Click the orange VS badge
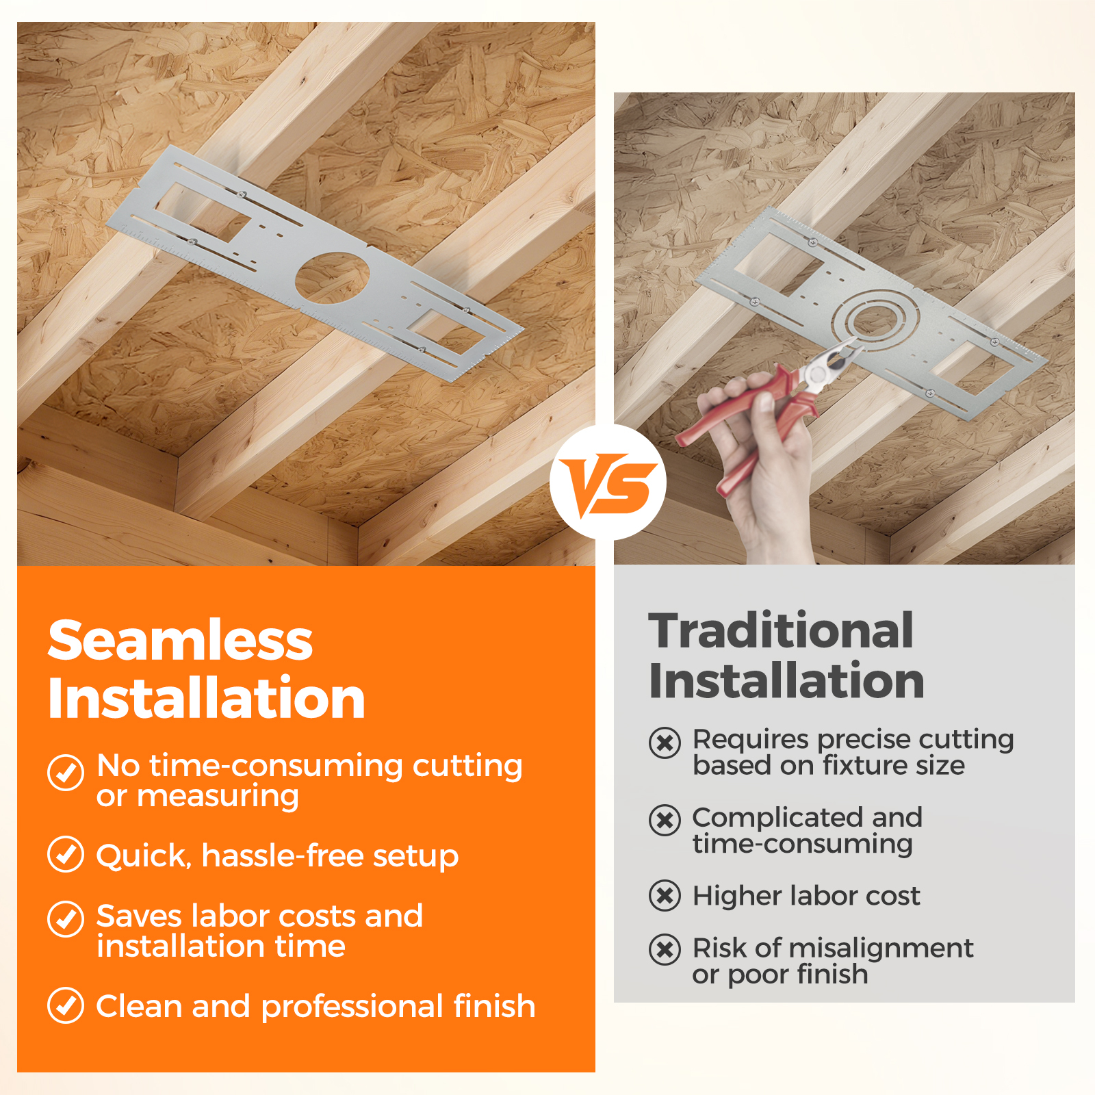[x=608, y=482]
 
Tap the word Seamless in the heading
[x=180, y=641]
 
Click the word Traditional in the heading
[x=781, y=630]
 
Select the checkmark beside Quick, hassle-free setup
[x=66, y=854]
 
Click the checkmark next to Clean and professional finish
[x=66, y=1005]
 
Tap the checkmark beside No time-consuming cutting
[x=66, y=773]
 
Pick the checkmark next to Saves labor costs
[x=66, y=919]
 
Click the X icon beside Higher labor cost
[x=665, y=896]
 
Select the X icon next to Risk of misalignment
[x=665, y=949]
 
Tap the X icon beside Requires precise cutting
[x=665, y=743]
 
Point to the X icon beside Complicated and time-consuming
[x=665, y=820]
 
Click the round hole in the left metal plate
[x=332, y=278]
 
